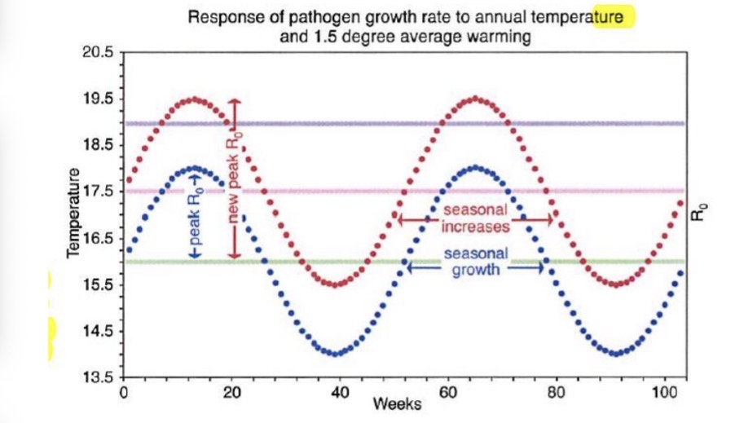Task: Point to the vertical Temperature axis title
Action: click(76, 214)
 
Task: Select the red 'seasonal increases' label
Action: click(477, 218)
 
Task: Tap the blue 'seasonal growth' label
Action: click(476, 262)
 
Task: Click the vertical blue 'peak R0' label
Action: click(195, 219)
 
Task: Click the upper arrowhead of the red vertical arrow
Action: click(235, 102)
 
